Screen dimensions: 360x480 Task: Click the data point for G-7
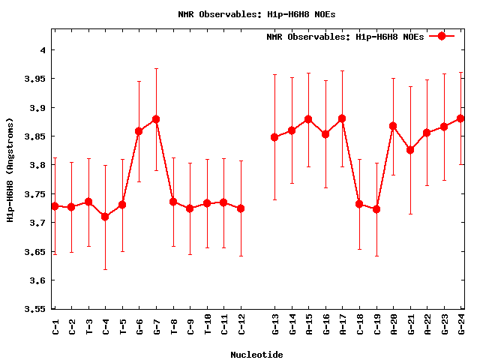(156, 119)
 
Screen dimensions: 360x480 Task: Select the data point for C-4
(105, 217)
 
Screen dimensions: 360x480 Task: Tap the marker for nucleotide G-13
(274, 137)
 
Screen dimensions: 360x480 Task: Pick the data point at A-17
(342, 118)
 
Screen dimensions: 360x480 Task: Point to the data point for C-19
(376, 209)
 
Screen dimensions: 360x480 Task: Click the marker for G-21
(410, 150)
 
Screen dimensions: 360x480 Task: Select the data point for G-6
(139, 131)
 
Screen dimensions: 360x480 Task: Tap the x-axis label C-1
(55, 325)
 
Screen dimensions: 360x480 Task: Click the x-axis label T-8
(173, 325)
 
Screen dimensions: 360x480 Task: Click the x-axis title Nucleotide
(256, 355)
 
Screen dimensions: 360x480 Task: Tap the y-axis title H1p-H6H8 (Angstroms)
(10, 170)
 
